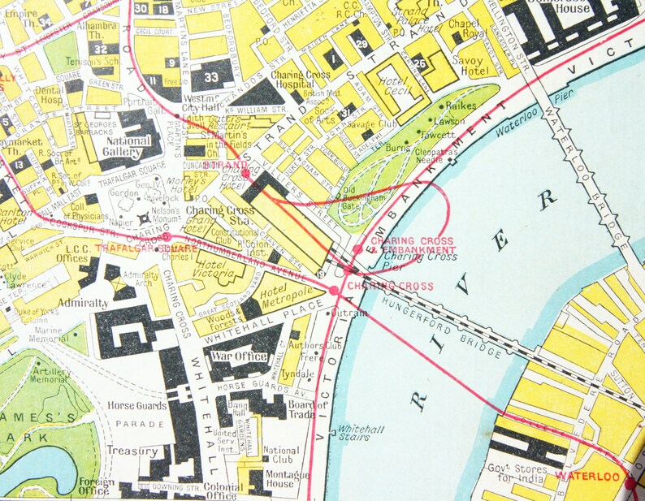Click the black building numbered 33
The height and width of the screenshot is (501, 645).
pyautogui.click(x=211, y=76)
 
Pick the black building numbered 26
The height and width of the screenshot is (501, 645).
pyautogui.click(x=419, y=63)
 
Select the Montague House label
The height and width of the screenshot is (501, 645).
pyautogui.click(x=282, y=479)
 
